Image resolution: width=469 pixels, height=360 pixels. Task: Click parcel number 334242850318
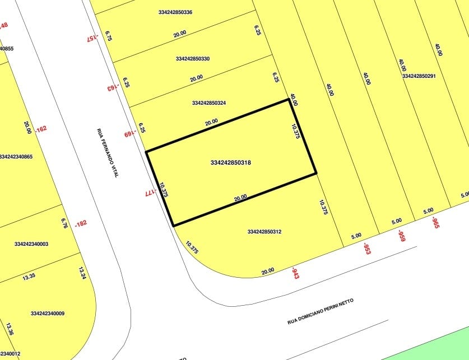230,163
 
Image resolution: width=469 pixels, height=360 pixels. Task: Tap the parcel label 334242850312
264,232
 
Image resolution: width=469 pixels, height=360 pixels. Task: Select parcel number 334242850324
209,103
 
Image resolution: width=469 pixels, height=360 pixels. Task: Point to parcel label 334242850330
193,59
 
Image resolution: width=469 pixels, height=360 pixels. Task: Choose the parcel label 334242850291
419,76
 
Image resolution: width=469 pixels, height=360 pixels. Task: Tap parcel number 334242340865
16,157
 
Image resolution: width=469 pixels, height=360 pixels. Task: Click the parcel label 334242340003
31,244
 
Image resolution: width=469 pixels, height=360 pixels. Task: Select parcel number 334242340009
48,314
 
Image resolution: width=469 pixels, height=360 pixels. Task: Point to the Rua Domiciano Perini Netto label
321,312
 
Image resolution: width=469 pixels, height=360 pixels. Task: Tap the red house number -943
294,274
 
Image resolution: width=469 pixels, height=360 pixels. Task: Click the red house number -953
366,248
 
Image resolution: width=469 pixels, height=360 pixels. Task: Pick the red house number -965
435,223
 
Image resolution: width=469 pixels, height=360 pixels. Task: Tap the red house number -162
40,129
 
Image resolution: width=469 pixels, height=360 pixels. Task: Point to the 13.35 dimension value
28,276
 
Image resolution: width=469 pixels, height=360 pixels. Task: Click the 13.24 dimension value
82,273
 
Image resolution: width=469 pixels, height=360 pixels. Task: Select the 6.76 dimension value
64,223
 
